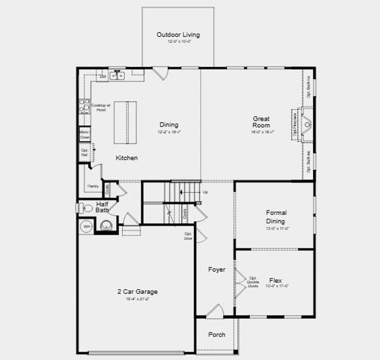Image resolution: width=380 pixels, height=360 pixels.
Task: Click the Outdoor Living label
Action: [x=178, y=35]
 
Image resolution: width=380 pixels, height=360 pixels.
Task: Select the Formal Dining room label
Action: [x=276, y=217]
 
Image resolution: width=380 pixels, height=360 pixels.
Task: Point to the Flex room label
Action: [x=276, y=280]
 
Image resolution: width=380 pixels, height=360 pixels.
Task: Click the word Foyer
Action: [x=216, y=270]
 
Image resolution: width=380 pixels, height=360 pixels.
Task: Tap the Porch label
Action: [x=216, y=335]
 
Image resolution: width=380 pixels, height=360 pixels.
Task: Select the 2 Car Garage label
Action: [x=137, y=292]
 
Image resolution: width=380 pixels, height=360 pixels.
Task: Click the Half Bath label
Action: [x=102, y=207]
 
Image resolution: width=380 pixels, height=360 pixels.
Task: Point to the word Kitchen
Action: [x=126, y=158]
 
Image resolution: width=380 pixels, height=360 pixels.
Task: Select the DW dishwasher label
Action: [x=102, y=77]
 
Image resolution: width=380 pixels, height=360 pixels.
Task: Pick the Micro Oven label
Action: [x=85, y=134]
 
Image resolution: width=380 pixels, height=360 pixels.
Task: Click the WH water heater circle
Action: [x=86, y=227]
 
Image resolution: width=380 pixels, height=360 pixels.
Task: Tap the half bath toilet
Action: [x=82, y=208]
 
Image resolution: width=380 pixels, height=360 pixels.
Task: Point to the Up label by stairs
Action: [x=205, y=192]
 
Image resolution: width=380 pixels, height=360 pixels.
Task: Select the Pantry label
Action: [x=93, y=186]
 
